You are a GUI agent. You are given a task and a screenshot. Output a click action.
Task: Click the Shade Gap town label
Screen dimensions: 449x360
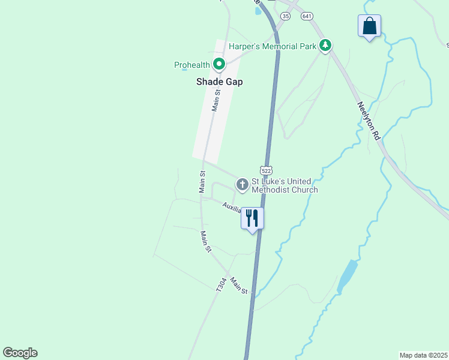click(219, 82)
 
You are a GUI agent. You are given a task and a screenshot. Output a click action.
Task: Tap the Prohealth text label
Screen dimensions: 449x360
click(191, 65)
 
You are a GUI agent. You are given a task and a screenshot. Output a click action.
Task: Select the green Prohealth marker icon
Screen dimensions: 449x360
click(219, 63)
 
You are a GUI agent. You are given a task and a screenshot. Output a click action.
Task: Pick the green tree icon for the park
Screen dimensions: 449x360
click(325, 45)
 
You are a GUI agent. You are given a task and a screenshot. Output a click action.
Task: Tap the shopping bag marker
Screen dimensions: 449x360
click(369, 26)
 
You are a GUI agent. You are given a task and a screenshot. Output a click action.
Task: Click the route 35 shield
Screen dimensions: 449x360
click(285, 16)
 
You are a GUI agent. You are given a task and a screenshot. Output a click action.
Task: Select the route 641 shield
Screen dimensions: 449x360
click(307, 16)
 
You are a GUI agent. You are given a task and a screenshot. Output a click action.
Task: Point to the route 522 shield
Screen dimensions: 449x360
click(267, 170)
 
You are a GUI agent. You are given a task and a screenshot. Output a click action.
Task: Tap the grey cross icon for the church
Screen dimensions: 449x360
click(242, 184)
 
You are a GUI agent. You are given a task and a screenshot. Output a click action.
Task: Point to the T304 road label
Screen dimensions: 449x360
click(221, 284)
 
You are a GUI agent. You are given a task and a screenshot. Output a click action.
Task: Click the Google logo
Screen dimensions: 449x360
click(20, 353)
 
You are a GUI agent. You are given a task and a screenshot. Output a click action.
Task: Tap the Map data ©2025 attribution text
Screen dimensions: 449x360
click(423, 355)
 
